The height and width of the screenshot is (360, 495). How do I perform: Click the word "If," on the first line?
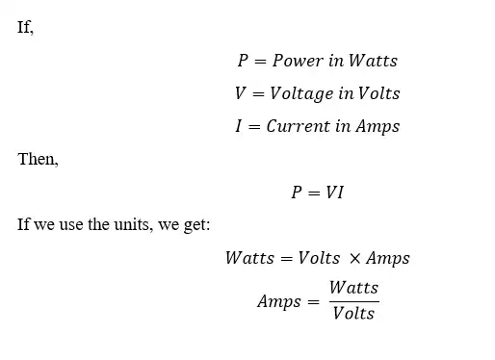(x=25, y=27)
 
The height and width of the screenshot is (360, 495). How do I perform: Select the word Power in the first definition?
(x=298, y=61)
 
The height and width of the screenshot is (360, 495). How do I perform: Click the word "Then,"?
(x=39, y=160)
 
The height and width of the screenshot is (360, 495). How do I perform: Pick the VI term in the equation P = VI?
(x=334, y=193)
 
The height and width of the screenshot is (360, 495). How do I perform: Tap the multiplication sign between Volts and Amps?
(x=355, y=258)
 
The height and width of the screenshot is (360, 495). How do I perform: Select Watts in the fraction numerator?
(x=353, y=288)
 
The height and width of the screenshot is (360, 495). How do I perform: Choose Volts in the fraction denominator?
(x=353, y=314)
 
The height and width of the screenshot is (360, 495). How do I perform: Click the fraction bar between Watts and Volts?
(x=353, y=301)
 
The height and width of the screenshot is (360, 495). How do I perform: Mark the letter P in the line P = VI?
(x=297, y=193)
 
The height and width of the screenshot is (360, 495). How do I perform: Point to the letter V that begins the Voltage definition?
(x=240, y=93)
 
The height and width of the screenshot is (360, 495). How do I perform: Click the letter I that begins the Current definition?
(x=238, y=126)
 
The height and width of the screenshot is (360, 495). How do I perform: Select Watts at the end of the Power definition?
(x=373, y=61)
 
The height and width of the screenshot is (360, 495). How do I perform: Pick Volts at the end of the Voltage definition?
(x=378, y=93)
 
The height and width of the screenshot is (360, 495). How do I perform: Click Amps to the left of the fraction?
(x=277, y=301)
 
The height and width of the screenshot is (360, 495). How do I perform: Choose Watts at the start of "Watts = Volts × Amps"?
(x=249, y=258)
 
